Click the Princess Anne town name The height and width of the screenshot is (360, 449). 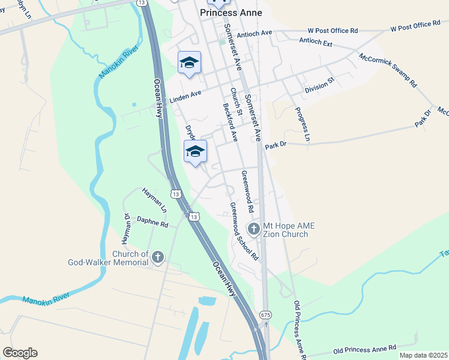tap(231, 12)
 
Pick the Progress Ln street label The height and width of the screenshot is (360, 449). tap(303, 125)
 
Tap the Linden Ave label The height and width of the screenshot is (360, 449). tap(184, 97)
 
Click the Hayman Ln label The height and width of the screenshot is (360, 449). tap(154, 200)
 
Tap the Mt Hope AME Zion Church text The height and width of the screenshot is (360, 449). tap(289, 229)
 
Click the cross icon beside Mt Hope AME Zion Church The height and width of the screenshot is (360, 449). tap(253, 229)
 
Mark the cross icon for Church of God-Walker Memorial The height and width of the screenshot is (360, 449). tap(158, 258)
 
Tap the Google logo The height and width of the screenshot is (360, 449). tap(20, 353)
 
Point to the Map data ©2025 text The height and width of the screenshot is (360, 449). tap(423, 355)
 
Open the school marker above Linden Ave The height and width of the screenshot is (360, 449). tap(189, 63)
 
